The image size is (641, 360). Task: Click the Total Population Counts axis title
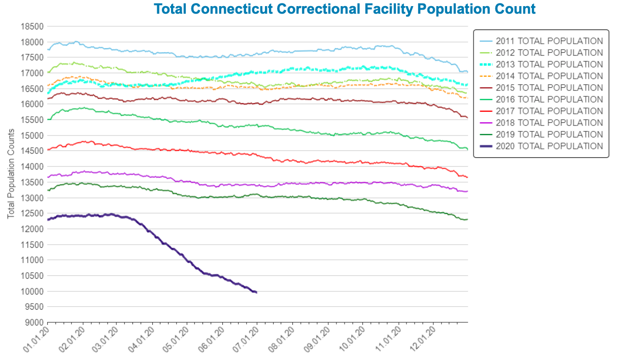[11, 174]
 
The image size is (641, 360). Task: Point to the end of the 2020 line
[256, 292]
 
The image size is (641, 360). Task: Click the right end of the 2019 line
[466, 219]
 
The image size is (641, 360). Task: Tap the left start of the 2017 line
[48, 149]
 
